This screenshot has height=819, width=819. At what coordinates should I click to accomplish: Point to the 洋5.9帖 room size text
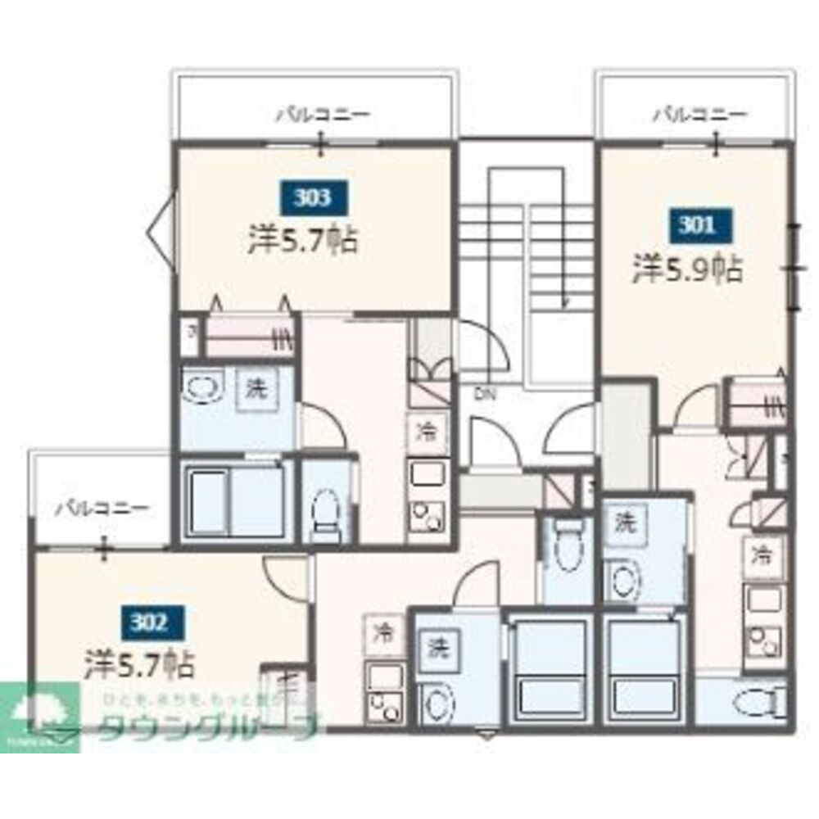pyautogui.click(x=687, y=269)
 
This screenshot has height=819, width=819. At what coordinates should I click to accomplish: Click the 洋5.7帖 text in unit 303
pyautogui.click(x=303, y=240)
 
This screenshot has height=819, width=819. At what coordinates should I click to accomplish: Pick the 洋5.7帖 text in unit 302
pyautogui.click(x=140, y=663)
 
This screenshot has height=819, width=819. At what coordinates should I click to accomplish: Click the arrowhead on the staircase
pyautogui.click(x=564, y=302)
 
